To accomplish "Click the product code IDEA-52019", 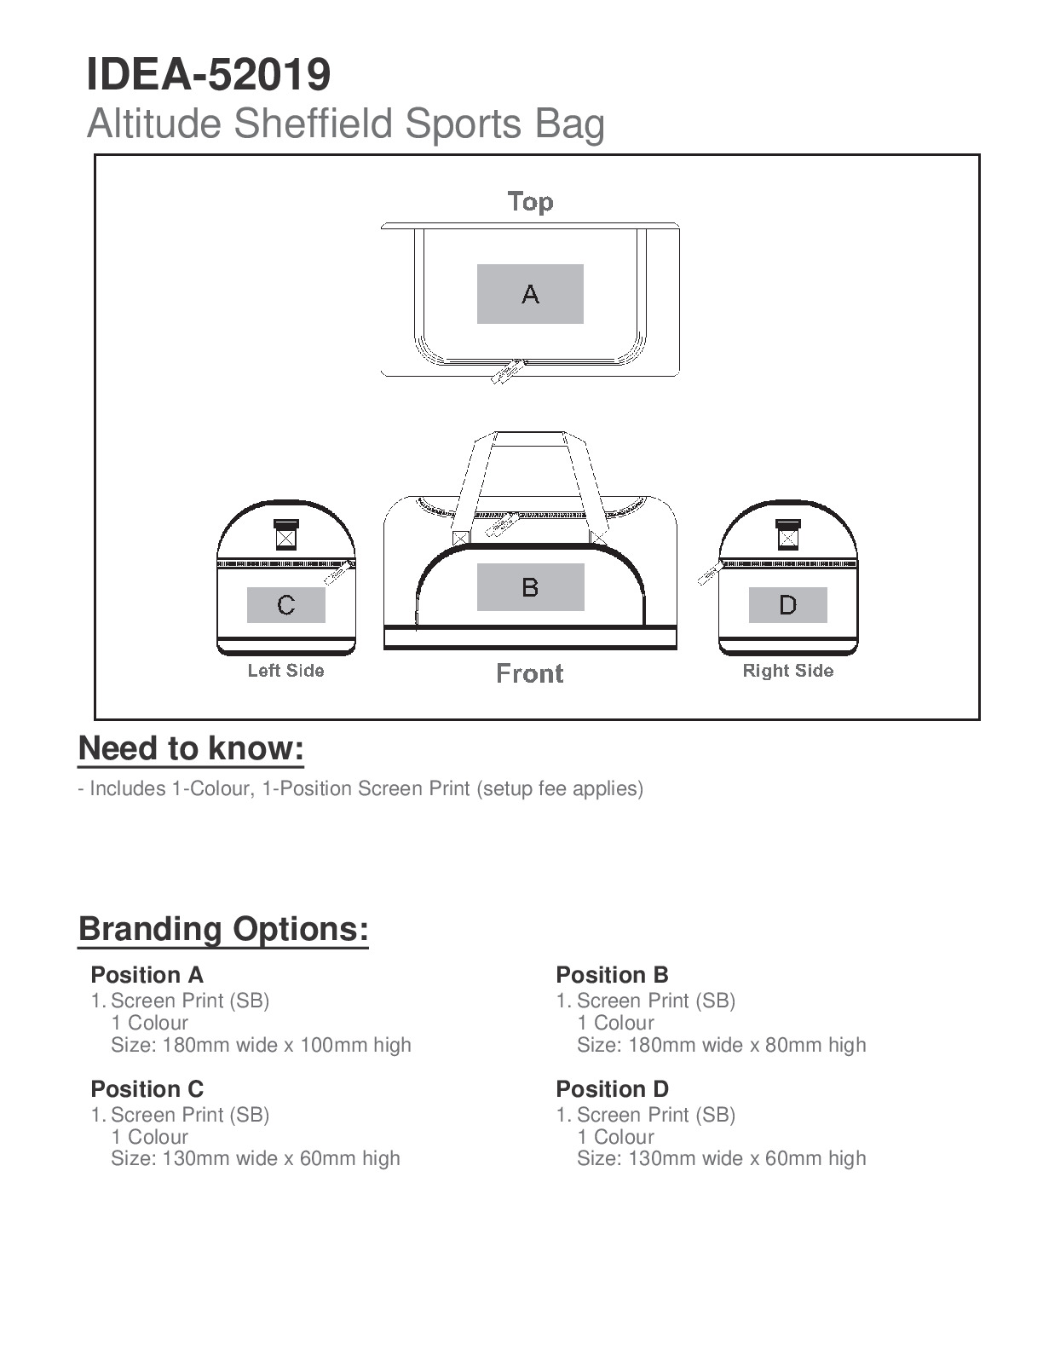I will [208, 75].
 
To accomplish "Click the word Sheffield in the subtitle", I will [316, 124].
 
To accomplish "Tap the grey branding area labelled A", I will [530, 294].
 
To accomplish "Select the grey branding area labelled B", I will [530, 587].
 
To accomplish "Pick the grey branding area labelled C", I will [286, 605].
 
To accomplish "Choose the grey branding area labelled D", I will [787, 605].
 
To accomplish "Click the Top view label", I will [530, 202].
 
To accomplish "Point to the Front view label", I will [530, 674].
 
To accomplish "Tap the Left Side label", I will [285, 671].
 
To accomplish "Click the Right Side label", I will [788, 671].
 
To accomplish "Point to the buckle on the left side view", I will [286, 534].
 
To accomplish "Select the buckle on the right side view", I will [788, 534].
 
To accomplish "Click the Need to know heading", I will [191, 748].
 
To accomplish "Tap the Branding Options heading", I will [223, 928].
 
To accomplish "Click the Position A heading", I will [147, 975].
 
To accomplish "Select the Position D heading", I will [612, 1089].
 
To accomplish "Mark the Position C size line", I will [255, 1158].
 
